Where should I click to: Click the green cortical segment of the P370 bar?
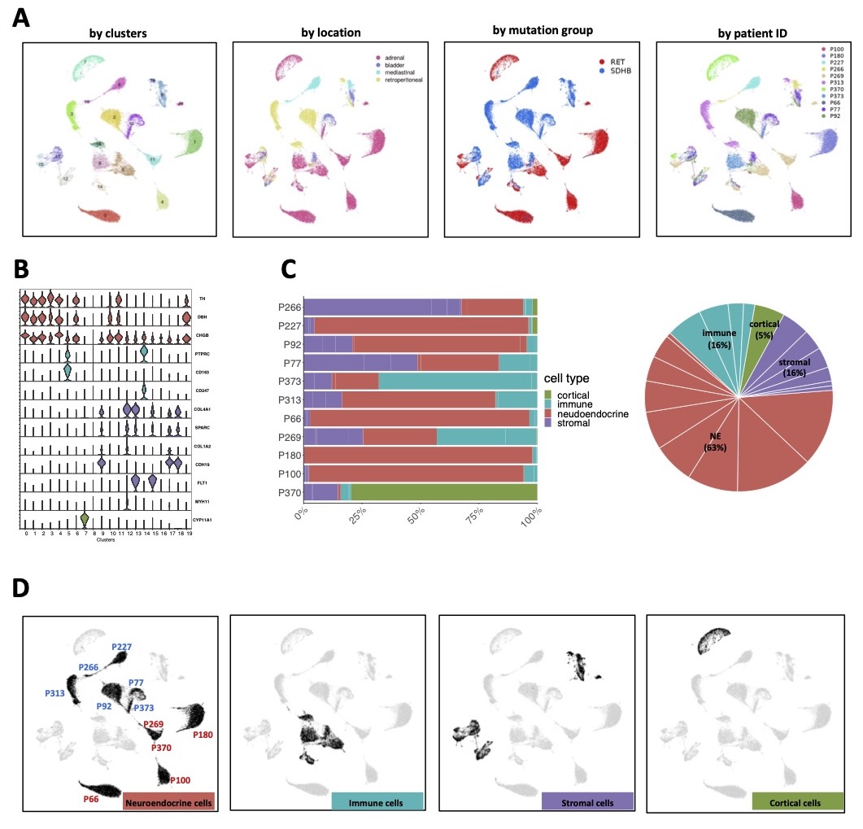(x=443, y=492)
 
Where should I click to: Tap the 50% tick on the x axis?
(x=420, y=515)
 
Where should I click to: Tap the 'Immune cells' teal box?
(x=377, y=802)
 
